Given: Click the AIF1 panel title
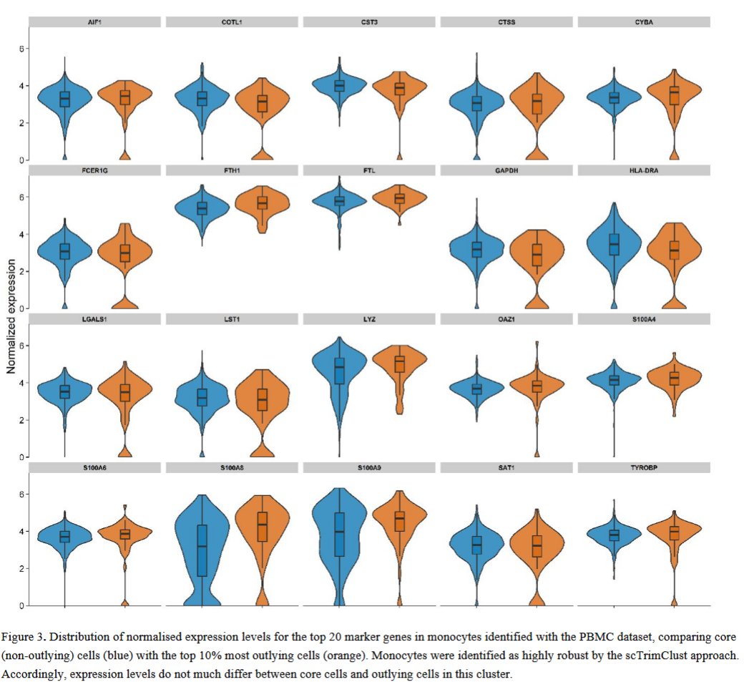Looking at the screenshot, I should click(94, 22).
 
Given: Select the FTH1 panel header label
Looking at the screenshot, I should click(231, 170).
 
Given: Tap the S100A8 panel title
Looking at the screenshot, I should click(231, 467).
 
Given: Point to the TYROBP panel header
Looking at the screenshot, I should click(643, 467).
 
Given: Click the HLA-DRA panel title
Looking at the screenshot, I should click(643, 170).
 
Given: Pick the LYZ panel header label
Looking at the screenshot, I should click(368, 319).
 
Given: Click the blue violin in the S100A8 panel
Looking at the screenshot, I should click(202, 544).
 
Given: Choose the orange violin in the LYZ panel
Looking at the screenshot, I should click(399, 365).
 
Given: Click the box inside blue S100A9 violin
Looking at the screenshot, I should click(339, 533).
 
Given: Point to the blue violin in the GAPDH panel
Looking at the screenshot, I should click(476, 250).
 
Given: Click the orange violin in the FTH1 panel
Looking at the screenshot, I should click(262, 204).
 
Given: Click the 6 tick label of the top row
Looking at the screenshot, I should click(21, 49).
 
